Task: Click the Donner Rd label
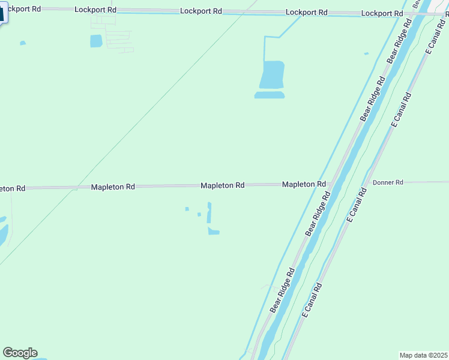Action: click(x=388, y=182)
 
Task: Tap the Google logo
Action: click(x=20, y=353)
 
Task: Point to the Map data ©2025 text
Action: click(x=424, y=355)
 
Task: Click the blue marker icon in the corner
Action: click(x=2, y=14)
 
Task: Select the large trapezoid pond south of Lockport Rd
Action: click(x=271, y=75)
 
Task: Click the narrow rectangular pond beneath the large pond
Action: click(x=270, y=95)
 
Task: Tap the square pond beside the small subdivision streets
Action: click(x=96, y=41)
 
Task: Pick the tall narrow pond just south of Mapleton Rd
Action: click(x=209, y=212)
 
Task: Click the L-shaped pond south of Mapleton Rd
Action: click(x=213, y=231)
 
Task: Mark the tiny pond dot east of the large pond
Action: click(x=366, y=54)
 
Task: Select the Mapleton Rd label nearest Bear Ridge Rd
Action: click(x=304, y=184)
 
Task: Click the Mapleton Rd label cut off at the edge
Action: click(x=12, y=188)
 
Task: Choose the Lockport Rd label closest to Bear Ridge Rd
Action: click(x=382, y=13)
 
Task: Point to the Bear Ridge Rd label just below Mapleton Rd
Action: click(x=318, y=214)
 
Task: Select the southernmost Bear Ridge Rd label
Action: click(x=282, y=290)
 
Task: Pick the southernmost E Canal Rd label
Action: click(x=313, y=300)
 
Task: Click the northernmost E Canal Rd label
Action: click(x=437, y=37)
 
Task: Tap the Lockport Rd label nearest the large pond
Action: click(x=307, y=12)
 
